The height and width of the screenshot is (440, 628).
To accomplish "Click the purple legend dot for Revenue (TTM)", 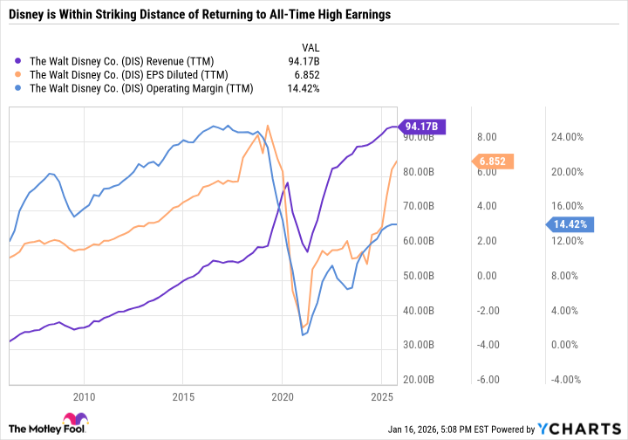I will pos(20,60).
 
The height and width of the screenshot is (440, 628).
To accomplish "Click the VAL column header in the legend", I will pos(311,46).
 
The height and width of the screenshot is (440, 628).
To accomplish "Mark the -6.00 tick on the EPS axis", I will pos(488,380).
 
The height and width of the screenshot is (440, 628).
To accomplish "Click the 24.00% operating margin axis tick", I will pos(566,137).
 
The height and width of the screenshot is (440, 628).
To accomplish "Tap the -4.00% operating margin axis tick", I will pos(566,380).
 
